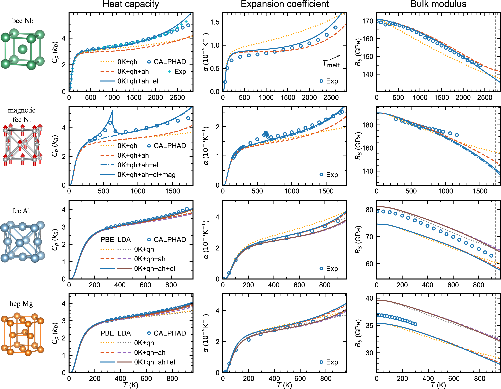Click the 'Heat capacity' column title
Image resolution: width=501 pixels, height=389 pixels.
point(131,4)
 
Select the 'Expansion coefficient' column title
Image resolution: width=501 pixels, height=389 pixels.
point(285,4)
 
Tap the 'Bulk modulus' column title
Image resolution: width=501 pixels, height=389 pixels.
point(438,4)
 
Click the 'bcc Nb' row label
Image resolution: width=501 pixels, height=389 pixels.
point(23,21)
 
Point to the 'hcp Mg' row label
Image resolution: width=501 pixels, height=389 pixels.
point(21,304)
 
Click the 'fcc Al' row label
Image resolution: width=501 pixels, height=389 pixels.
point(21,211)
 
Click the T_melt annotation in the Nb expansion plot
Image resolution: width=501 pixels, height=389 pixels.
point(331,64)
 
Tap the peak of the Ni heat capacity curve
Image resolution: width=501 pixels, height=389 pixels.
point(113,110)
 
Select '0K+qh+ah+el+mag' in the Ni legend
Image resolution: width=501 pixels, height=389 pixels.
point(146,175)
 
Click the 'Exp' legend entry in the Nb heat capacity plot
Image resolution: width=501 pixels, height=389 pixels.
point(180,72)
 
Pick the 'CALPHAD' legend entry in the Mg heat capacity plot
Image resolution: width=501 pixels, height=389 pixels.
point(170,333)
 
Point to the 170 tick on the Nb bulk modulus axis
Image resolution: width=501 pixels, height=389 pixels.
point(368,21)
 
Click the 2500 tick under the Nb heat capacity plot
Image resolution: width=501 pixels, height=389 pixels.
point(177,98)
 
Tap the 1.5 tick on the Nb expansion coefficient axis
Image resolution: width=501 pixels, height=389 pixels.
point(215,22)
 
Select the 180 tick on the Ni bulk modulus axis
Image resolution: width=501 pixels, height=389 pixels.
point(368,125)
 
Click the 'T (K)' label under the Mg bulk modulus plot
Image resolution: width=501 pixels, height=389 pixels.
point(438,385)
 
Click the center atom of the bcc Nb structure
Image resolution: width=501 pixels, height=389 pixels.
point(23,49)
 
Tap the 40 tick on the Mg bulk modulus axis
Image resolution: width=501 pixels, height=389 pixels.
point(369,298)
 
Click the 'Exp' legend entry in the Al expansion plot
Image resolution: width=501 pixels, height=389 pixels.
point(332,269)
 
